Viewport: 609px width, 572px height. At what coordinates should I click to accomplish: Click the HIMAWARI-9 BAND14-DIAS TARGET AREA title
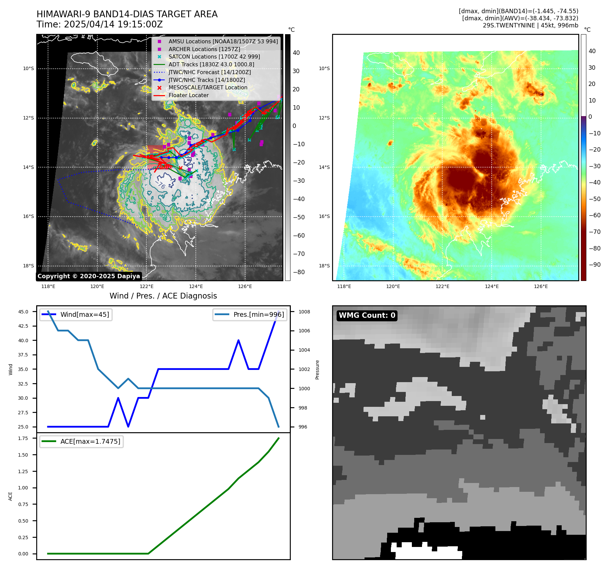coord(127,14)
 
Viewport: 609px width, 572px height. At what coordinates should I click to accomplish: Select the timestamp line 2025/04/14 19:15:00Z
coord(99,24)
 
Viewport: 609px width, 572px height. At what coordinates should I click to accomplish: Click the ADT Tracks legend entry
coord(211,64)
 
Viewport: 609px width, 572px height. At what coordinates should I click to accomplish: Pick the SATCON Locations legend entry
coord(214,57)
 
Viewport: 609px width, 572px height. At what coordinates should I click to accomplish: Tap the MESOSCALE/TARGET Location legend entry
coord(208,87)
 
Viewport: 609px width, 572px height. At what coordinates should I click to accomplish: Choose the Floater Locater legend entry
coord(188,95)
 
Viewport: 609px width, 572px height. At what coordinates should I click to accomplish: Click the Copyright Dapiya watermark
coord(89,276)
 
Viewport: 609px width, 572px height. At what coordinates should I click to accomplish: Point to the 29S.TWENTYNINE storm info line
coord(530,25)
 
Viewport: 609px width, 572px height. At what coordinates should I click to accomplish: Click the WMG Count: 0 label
coord(367,315)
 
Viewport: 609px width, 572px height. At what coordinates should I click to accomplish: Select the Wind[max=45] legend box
coord(76,314)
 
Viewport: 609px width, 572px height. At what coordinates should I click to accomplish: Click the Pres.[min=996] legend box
coord(250,314)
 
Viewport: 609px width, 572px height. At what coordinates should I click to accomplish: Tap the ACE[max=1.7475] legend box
coord(81,441)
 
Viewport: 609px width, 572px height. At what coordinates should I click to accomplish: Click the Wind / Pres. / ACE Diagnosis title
coord(163,296)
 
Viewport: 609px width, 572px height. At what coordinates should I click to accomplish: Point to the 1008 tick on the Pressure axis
coord(304,312)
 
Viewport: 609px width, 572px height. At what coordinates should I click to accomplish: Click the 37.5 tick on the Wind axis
coord(23,355)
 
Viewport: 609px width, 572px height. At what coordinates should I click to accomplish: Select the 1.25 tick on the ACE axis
coord(23,471)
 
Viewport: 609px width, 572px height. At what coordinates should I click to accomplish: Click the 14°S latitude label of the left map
coord(28,167)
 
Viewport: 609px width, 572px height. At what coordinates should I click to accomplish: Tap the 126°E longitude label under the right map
coord(541,286)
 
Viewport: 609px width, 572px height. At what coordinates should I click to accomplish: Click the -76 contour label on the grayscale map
coord(160,184)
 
